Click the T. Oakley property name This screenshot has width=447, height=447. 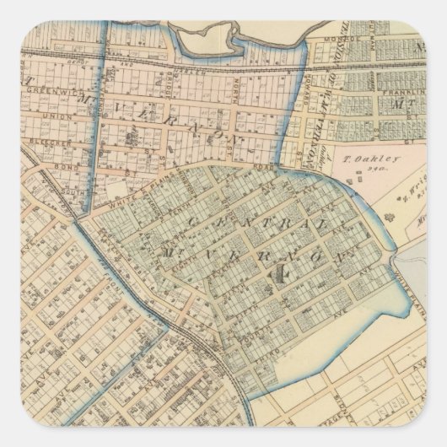coord(356,158)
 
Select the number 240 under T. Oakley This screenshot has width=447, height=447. coord(358,170)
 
